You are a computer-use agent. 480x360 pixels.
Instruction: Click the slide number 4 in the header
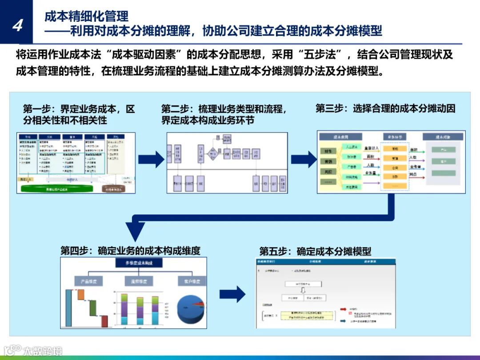[x=17, y=25]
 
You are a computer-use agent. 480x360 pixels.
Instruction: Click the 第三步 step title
[x=385, y=108]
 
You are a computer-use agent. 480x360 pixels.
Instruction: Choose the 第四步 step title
[x=130, y=250]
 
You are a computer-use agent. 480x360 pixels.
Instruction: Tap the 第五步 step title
[x=315, y=251]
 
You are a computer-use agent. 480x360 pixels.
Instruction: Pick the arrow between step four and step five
[x=232, y=294]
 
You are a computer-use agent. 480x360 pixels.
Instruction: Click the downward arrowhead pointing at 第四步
[x=136, y=232]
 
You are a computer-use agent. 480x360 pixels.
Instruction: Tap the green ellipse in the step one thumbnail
[x=57, y=188]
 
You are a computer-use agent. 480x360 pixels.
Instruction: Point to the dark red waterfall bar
[x=104, y=321]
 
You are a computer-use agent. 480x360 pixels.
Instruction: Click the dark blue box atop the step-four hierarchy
[x=140, y=263]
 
